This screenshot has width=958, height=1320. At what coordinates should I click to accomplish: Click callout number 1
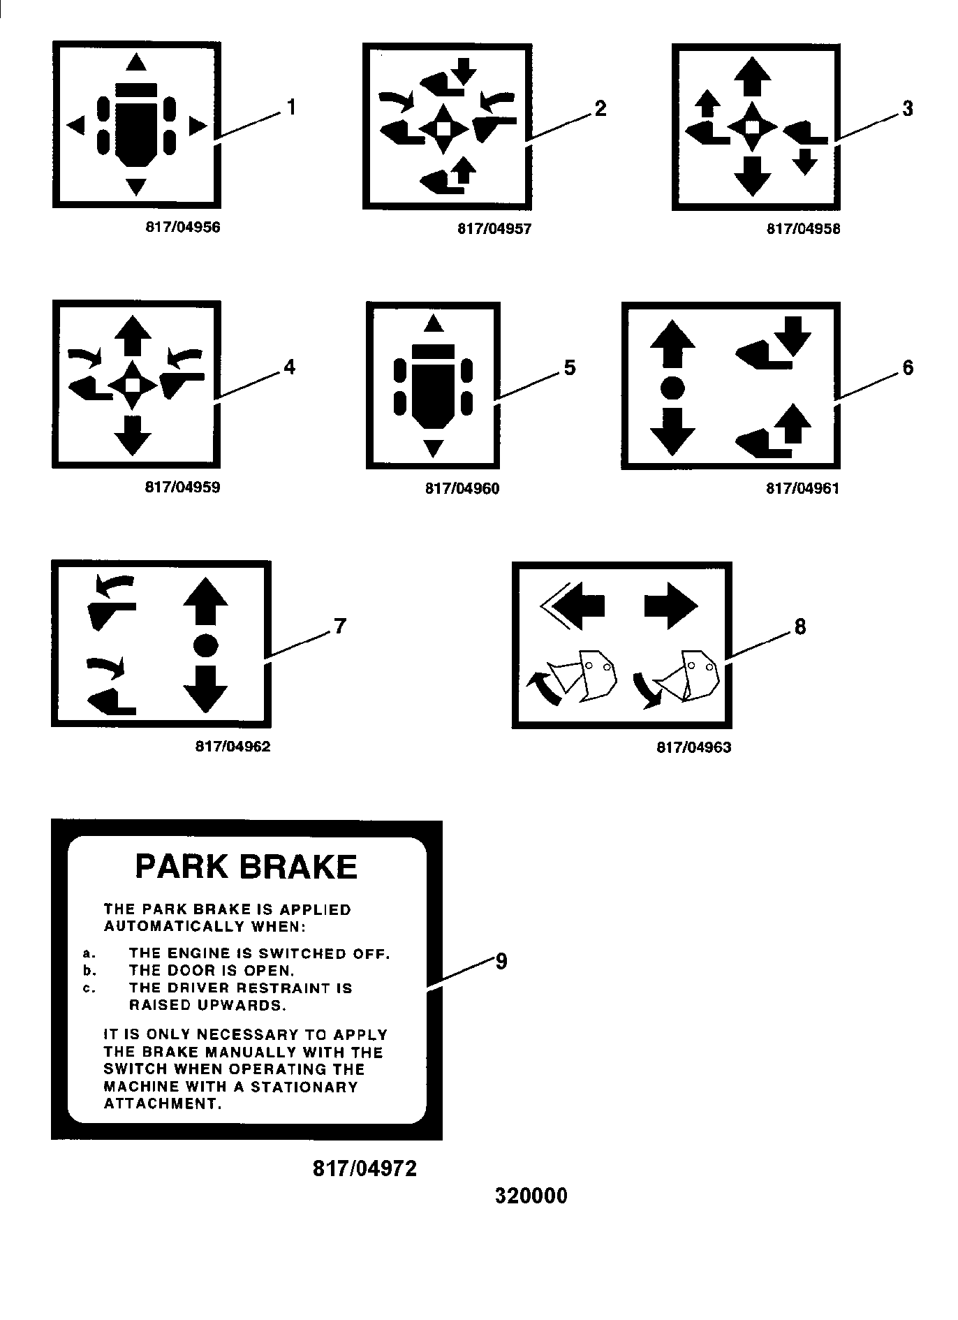(x=290, y=108)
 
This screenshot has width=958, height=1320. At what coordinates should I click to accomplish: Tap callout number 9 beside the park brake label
(x=501, y=961)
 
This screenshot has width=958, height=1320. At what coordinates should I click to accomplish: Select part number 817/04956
(x=182, y=227)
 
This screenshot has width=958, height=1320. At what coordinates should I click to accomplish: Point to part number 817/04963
(x=694, y=747)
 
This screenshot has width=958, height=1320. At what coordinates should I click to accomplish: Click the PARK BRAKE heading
(x=246, y=867)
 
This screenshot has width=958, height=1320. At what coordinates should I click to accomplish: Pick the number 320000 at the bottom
(x=531, y=1196)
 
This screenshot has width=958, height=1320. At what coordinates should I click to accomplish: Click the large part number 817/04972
(x=364, y=1168)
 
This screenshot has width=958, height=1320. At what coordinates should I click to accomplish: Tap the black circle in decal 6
(x=672, y=387)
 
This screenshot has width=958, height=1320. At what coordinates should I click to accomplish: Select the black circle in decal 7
(x=205, y=645)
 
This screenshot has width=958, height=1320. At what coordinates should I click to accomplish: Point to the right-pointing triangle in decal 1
(x=198, y=126)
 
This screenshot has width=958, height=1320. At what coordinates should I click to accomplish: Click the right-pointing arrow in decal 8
(x=670, y=606)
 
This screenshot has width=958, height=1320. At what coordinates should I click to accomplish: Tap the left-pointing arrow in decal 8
(x=573, y=606)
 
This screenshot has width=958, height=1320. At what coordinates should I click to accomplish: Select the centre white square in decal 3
(x=751, y=127)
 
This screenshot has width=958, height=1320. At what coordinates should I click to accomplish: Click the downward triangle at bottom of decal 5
(x=434, y=448)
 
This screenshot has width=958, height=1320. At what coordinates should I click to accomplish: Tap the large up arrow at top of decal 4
(x=133, y=336)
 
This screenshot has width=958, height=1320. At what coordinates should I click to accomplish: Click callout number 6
(x=908, y=367)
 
